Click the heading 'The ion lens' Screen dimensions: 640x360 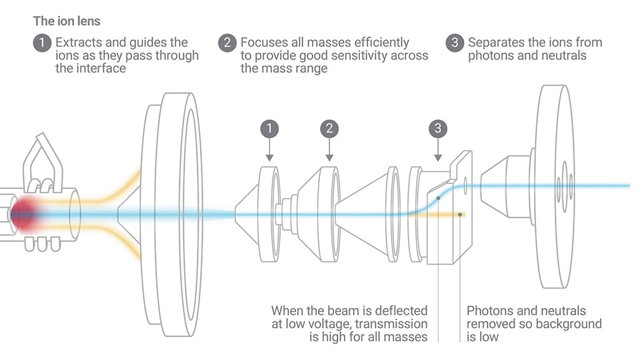pyautogui.click(x=67, y=21)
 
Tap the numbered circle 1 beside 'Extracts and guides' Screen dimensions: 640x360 pyautogui.click(x=42, y=43)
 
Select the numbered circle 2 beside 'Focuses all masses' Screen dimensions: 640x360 pyautogui.click(x=227, y=43)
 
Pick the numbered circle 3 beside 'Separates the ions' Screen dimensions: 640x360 pyautogui.click(x=455, y=43)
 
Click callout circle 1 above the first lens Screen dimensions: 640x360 pyautogui.click(x=269, y=129)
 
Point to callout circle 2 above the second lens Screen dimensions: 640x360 pyautogui.click(x=329, y=129)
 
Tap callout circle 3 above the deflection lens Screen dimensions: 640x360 pyautogui.click(x=438, y=129)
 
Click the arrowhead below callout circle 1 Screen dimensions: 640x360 pyautogui.click(x=269, y=158)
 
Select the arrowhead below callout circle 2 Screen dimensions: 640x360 pyautogui.click(x=329, y=158)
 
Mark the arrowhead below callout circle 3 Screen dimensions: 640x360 pyautogui.click(x=438, y=158)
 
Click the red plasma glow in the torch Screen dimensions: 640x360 pyautogui.click(x=24, y=214)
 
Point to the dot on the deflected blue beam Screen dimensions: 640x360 pyautogui.click(x=438, y=199)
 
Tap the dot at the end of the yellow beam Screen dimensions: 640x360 pyautogui.click(x=460, y=214)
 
